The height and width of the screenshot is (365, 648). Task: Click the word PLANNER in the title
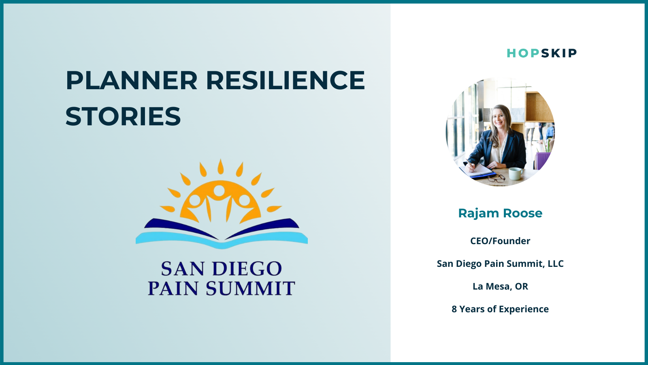pyautogui.click(x=132, y=80)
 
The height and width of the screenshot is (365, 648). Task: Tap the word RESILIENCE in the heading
pyautogui.click(x=286, y=80)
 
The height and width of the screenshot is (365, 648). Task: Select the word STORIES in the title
pyautogui.click(x=123, y=116)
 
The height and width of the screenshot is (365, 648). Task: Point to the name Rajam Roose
pyautogui.click(x=500, y=213)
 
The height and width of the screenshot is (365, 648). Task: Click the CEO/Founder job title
pyautogui.click(x=500, y=241)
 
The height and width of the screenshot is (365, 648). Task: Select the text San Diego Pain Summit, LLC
pyautogui.click(x=500, y=264)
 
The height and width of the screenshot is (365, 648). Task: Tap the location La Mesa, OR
pyautogui.click(x=500, y=286)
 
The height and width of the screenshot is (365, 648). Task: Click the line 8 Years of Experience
pyautogui.click(x=500, y=309)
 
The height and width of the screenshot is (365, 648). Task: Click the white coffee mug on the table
pyautogui.click(x=515, y=174)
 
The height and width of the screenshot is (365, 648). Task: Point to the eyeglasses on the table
pyautogui.click(x=497, y=178)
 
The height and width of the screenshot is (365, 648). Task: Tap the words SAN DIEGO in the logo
pyautogui.click(x=221, y=269)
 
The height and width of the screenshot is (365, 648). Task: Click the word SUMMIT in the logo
pyautogui.click(x=250, y=288)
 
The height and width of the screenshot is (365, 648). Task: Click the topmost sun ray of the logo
pyautogui.click(x=221, y=167)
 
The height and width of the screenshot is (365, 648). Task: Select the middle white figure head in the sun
pyautogui.click(x=219, y=191)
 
